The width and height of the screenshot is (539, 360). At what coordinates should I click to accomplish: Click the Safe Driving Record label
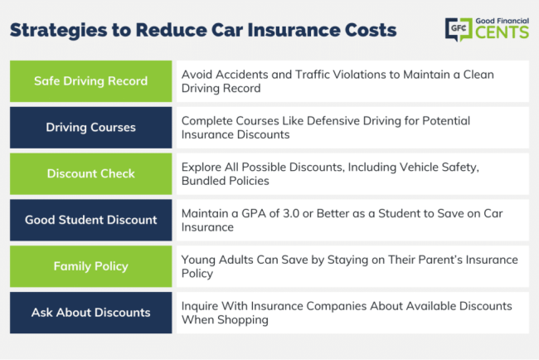point(90,81)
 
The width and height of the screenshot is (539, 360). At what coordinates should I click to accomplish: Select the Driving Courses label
point(90,128)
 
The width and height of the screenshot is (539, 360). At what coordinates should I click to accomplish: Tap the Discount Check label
point(90,173)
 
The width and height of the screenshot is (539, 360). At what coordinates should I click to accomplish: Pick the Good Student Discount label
point(90,220)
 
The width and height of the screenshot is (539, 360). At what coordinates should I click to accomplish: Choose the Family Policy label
point(90,266)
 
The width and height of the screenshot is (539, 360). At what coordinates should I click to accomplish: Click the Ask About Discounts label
point(90,313)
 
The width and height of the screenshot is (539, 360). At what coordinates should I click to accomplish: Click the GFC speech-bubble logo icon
point(459,30)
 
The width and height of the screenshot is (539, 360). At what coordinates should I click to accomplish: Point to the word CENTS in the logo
point(503,32)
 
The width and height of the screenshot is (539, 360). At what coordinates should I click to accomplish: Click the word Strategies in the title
point(58,30)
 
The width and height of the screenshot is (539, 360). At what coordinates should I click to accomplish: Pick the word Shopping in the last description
point(243,320)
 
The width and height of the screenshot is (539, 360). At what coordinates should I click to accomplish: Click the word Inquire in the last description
point(200,306)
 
